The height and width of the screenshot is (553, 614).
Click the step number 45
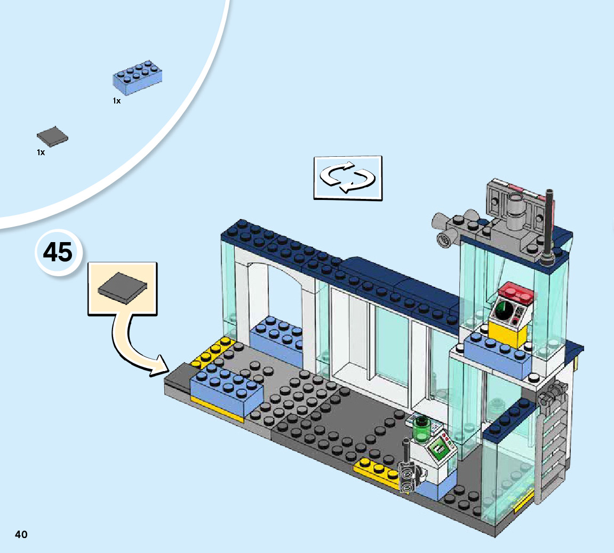(x=58, y=252)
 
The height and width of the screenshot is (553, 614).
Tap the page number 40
(x=21, y=534)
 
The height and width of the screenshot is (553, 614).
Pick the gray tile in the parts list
(x=52, y=137)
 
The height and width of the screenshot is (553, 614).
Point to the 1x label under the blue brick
(x=116, y=101)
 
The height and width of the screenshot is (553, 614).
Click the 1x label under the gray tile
(x=41, y=153)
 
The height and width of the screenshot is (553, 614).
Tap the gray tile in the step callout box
(x=122, y=288)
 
